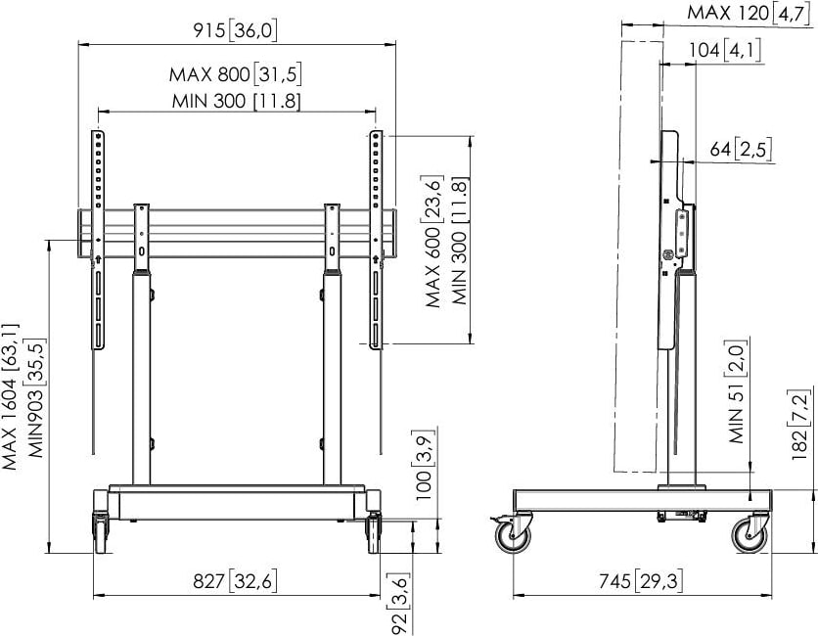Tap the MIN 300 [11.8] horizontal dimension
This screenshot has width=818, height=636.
click(236, 100)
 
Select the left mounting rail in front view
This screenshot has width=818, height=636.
click(98, 240)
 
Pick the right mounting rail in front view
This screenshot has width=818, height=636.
click(375, 240)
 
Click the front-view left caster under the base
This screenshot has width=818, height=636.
click(101, 527)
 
